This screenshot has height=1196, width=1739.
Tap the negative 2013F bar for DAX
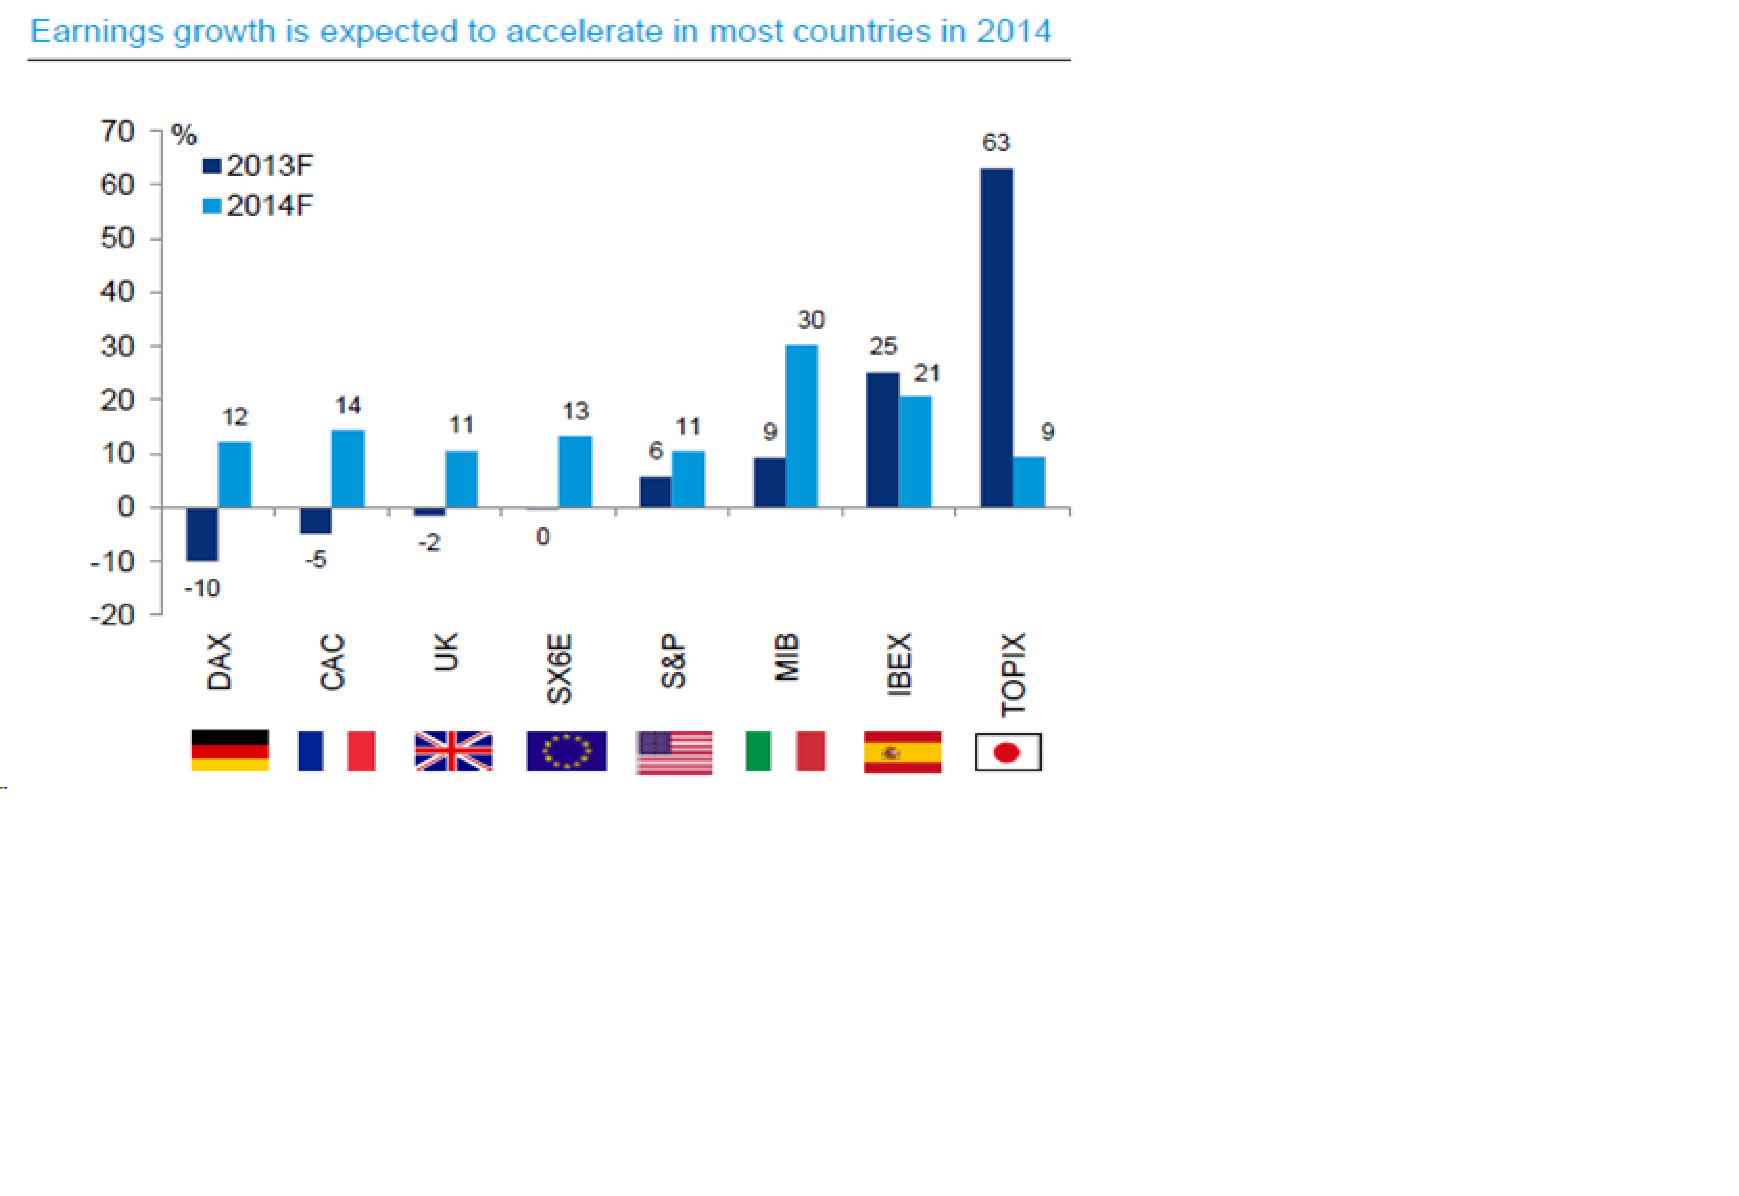pos(202,533)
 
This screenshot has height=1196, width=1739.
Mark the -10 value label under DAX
pos(202,588)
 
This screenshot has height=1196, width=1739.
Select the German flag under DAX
pos(230,750)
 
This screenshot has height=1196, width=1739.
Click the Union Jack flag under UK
pos(453,751)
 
